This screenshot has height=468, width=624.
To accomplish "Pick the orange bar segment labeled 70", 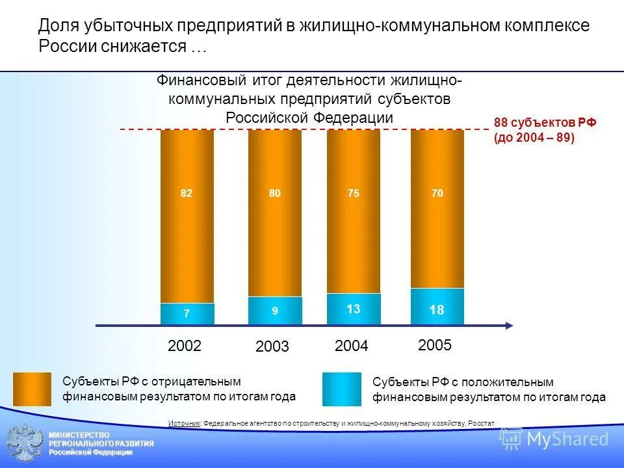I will (x=437, y=209).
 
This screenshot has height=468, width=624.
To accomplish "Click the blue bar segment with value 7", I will (x=187, y=314).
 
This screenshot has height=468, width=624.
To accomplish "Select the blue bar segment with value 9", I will (x=274, y=311).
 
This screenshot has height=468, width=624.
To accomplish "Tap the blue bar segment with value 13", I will (x=354, y=309).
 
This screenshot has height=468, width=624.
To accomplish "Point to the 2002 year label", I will (x=185, y=346).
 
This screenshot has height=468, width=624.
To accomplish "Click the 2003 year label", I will (x=272, y=347).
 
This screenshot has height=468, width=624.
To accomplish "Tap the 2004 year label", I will (x=352, y=346).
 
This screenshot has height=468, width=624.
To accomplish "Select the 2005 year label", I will (x=435, y=345).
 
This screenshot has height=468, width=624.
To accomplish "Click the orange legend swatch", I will (x=32, y=389).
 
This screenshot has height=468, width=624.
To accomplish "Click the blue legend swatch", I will (x=342, y=389).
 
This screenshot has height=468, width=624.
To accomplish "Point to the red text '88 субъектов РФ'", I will (x=545, y=123).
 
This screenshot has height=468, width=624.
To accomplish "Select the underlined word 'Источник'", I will (x=184, y=423).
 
